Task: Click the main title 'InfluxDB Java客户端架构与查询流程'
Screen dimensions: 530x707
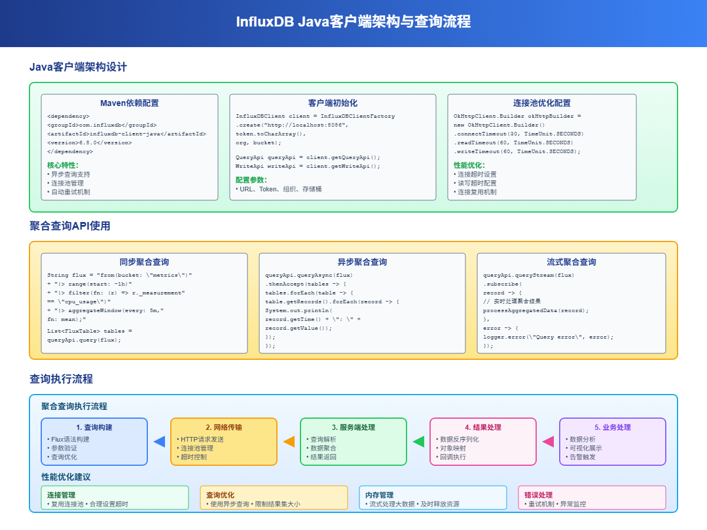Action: point(353,22)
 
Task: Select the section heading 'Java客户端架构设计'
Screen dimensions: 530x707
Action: point(78,67)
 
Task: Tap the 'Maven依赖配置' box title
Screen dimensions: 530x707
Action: point(129,103)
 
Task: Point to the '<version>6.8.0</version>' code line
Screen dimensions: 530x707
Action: point(89,143)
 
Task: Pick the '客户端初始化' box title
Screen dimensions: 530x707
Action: point(332,103)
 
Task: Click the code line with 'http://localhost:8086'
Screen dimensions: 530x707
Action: point(292,125)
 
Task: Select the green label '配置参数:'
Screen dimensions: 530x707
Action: point(252,180)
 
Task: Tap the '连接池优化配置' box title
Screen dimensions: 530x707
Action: point(541,103)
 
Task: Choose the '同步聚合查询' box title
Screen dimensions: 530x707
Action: point(144,262)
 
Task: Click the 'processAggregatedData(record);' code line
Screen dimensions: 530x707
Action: point(536,310)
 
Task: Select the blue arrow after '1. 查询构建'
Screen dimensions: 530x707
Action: point(159,442)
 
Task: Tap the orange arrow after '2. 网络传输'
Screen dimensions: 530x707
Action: point(289,442)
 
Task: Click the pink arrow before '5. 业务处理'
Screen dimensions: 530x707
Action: point(548,442)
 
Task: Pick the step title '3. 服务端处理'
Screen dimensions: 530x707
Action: point(353,428)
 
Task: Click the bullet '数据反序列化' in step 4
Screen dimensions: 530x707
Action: point(459,439)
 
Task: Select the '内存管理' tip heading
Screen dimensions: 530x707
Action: point(379,495)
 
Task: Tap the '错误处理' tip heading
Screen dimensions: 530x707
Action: point(538,495)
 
